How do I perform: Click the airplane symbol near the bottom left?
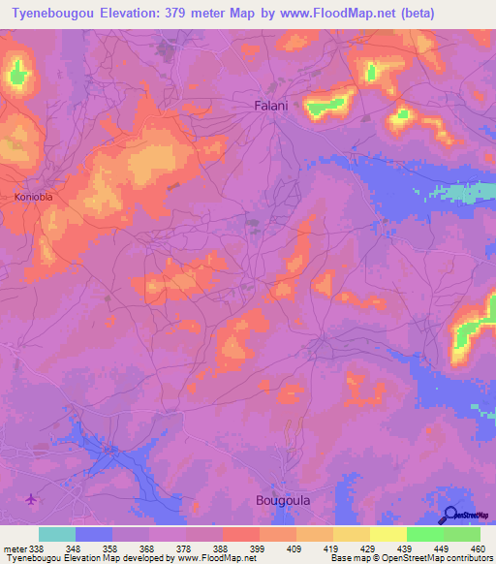click(x=32, y=500)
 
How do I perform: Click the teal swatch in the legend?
click(x=57, y=534)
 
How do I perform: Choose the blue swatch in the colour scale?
click(x=94, y=534)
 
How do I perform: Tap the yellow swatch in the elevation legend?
click(x=388, y=534)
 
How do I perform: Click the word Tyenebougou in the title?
click(x=50, y=13)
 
